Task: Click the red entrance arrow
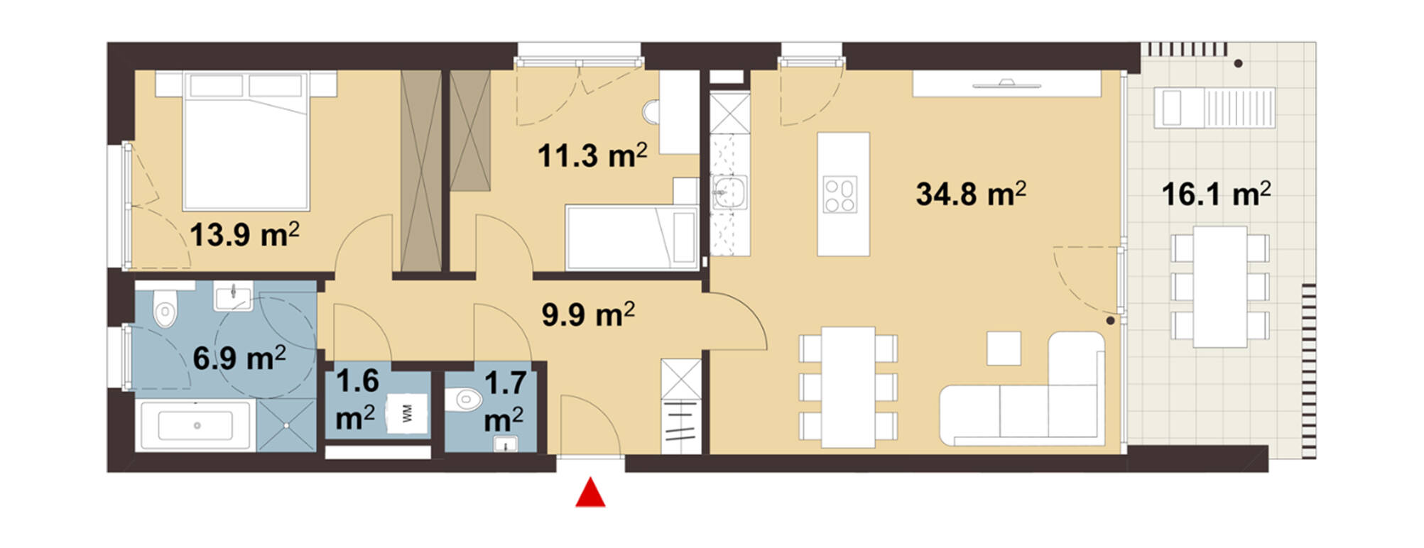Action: [590, 493]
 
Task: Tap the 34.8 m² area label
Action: [971, 194]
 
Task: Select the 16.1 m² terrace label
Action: [1216, 194]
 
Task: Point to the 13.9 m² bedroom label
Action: [244, 234]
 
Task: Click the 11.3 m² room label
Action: [592, 155]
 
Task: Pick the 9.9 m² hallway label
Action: [588, 314]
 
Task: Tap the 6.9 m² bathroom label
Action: [239, 358]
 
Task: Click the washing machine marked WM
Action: [408, 415]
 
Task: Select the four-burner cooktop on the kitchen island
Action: [840, 194]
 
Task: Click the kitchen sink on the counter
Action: [729, 192]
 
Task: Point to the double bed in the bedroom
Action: [246, 141]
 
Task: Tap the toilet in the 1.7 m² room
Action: [466, 400]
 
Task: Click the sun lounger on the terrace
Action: [1214, 108]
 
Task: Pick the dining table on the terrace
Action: [1219, 287]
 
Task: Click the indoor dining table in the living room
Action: [848, 387]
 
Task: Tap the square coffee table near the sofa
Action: [1004, 349]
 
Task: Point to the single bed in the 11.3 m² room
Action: [631, 237]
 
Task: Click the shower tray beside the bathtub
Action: [286, 424]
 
